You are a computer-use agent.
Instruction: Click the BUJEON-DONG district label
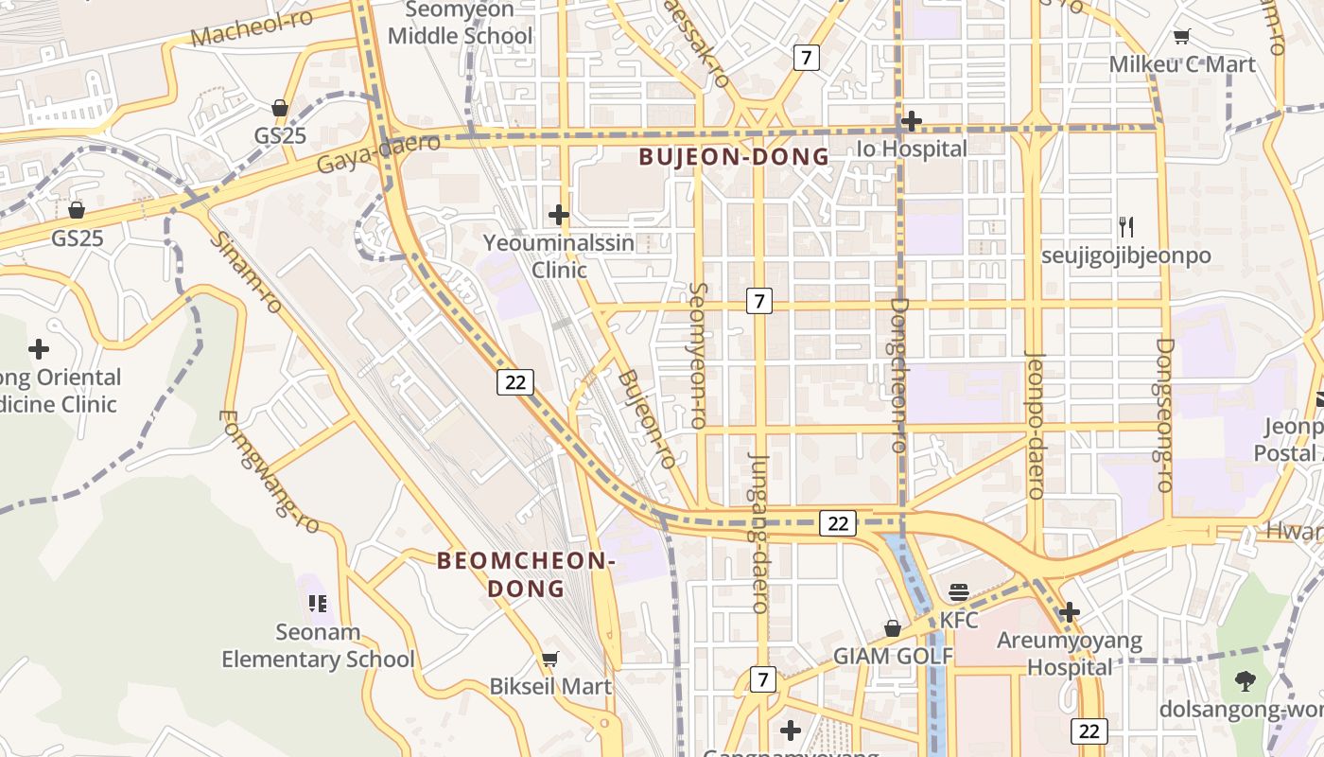[734, 157]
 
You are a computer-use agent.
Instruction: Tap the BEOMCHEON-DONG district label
[526, 574]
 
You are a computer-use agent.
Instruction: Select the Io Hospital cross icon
[912, 121]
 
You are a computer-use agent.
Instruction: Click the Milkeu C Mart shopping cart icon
[1181, 37]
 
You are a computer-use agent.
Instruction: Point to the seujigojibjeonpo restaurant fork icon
[1125, 227]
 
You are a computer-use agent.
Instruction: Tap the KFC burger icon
[959, 593]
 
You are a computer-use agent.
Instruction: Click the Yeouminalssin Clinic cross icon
[559, 215]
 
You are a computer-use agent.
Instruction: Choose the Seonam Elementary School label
[318, 645]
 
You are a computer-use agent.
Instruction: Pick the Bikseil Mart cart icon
[549, 659]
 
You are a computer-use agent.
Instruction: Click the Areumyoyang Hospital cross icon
[1070, 612]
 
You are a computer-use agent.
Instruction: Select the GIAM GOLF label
[893, 656]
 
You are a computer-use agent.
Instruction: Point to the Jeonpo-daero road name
[1037, 426]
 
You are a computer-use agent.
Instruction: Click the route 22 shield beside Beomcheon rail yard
[515, 382]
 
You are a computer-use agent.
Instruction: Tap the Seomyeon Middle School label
[461, 24]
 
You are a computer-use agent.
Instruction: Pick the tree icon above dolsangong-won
[1246, 680]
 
